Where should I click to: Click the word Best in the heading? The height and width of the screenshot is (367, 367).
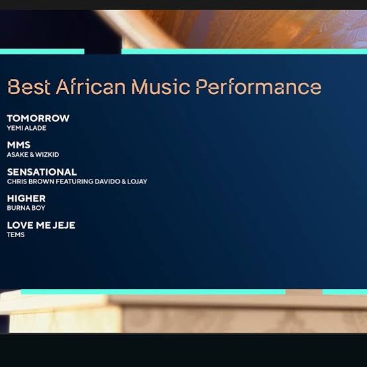(x=29, y=87)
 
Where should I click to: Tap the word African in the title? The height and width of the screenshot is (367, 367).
(x=91, y=87)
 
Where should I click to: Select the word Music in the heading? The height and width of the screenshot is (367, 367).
(x=160, y=87)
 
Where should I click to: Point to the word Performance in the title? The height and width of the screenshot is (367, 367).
(x=258, y=87)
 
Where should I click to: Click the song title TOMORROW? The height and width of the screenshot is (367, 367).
(x=38, y=118)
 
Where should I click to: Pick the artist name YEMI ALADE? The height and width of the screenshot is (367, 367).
(x=26, y=128)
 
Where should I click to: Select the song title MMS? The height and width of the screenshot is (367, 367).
(x=19, y=145)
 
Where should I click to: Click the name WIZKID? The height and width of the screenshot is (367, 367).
(x=47, y=155)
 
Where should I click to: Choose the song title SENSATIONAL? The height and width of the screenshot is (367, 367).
(x=42, y=172)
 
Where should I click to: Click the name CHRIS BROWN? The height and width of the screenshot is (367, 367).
(x=30, y=182)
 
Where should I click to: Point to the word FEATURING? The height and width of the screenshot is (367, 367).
(x=74, y=182)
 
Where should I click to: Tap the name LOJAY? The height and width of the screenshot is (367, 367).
(x=137, y=182)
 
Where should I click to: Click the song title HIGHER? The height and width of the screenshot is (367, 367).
(x=26, y=199)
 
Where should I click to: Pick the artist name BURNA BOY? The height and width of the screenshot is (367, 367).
(x=26, y=208)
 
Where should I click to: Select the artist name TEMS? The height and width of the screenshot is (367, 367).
(x=16, y=235)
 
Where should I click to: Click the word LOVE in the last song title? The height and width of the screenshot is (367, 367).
(x=21, y=225)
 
